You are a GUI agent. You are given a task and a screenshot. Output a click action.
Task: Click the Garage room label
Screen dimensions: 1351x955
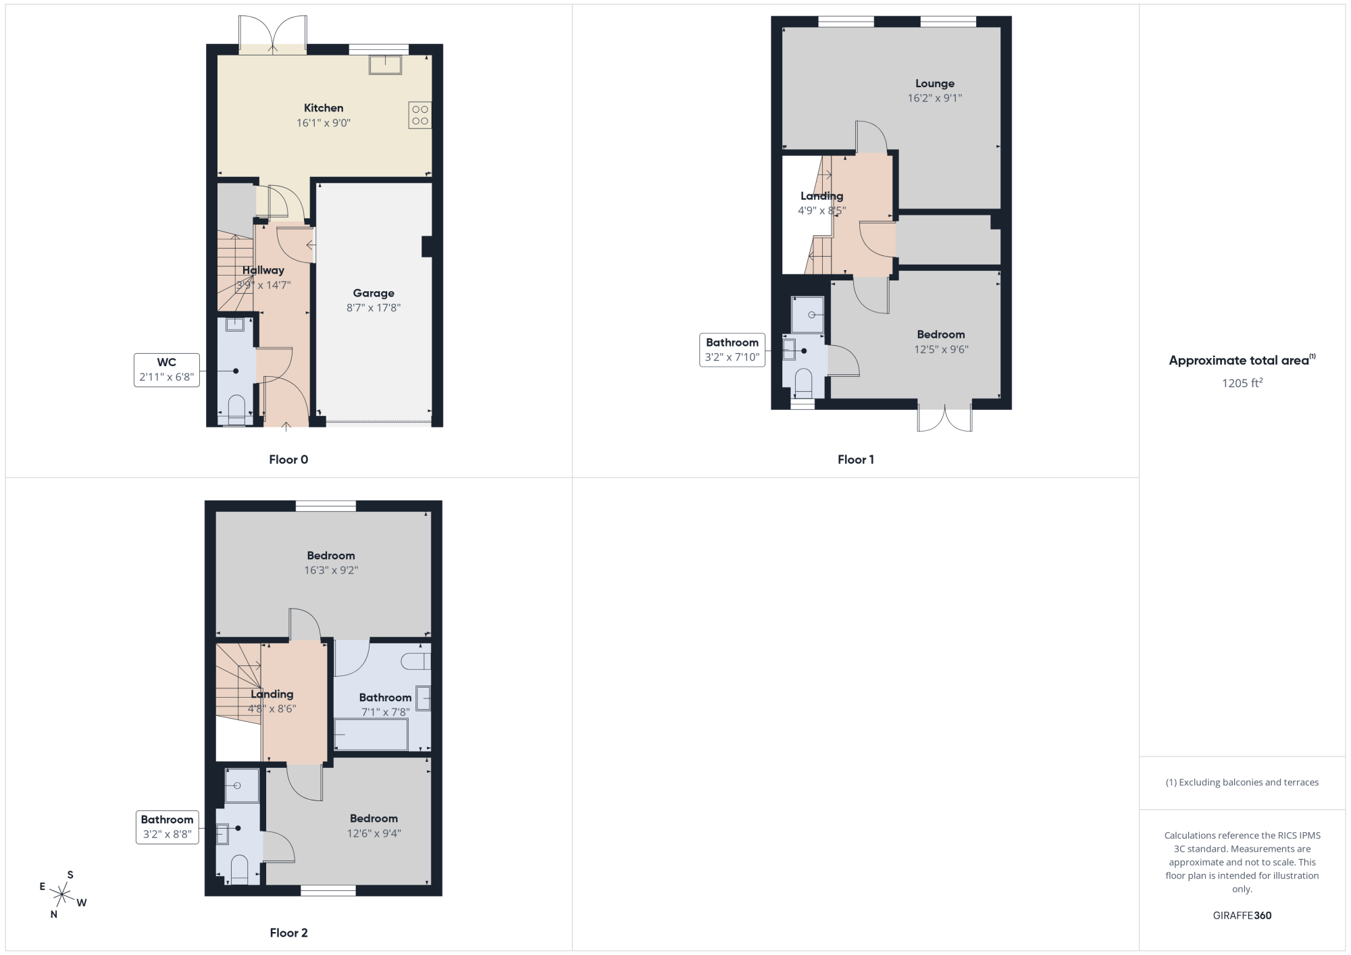click(x=374, y=293)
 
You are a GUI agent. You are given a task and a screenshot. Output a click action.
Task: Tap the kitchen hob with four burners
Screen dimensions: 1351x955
click(x=419, y=115)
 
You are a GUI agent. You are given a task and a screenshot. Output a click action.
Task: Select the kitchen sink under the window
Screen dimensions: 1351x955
click(x=385, y=65)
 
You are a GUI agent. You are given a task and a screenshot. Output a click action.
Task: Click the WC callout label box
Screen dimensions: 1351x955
click(x=167, y=369)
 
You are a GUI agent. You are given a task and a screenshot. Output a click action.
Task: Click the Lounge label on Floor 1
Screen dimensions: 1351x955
click(x=935, y=84)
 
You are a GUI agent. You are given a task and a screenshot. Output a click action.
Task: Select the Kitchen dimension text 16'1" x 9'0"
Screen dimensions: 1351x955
click(x=324, y=123)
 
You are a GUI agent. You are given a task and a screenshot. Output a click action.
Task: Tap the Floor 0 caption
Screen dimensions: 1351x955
click(x=288, y=459)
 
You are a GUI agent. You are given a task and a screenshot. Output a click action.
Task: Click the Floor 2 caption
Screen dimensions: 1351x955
click(x=288, y=933)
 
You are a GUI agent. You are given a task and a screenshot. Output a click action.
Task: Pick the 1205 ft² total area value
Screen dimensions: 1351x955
click(x=1242, y=383)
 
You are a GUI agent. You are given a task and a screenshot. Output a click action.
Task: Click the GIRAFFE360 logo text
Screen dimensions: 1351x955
click(x=1242, y=916)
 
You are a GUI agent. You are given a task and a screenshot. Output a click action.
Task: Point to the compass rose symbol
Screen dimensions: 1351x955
click(x=62, y=895)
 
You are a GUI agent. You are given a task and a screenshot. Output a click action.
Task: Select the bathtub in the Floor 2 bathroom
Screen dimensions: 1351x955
click(x=372, y=734)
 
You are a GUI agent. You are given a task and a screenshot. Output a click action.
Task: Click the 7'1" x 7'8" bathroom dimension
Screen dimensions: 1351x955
click(x=385, y=712)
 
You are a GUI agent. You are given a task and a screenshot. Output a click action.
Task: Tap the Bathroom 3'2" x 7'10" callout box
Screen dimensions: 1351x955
click(x=732, y=350)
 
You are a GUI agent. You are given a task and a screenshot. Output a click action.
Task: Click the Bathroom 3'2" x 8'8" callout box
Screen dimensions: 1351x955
click(x=167, y=827)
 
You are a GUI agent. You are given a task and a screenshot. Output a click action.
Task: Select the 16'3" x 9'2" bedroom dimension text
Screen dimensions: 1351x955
click(x=331, y=570)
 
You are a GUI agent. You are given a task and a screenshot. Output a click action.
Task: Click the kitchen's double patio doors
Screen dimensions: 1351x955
click(x=272, y=34)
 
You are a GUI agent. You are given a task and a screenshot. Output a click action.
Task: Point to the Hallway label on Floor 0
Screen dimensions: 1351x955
click(x=263, y=270)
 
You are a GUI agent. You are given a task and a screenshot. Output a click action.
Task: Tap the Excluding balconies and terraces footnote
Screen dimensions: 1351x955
click(x=1242, y=782)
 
